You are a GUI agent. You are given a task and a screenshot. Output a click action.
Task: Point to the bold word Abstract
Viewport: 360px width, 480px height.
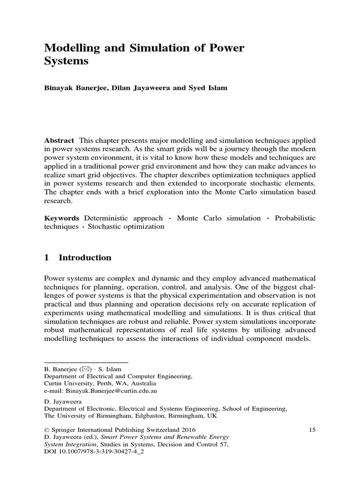point(59,141)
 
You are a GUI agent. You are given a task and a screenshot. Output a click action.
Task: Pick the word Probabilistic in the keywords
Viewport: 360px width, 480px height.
point(295,218)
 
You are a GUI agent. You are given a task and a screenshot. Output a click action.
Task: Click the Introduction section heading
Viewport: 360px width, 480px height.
point(85,257)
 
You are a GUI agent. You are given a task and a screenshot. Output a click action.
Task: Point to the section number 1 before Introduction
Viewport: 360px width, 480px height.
point(46,257)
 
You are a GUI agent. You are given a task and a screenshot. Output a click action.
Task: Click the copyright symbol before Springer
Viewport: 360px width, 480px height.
point(46,429)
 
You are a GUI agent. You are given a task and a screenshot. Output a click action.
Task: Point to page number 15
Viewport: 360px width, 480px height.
point(313,429)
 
